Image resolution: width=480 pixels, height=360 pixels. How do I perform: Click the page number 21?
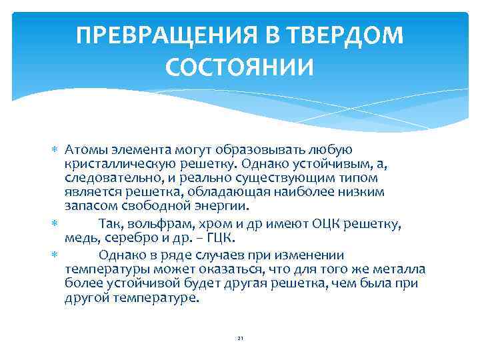tap(240, 339)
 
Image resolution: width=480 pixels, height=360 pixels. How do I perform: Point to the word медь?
tap(80, 238)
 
